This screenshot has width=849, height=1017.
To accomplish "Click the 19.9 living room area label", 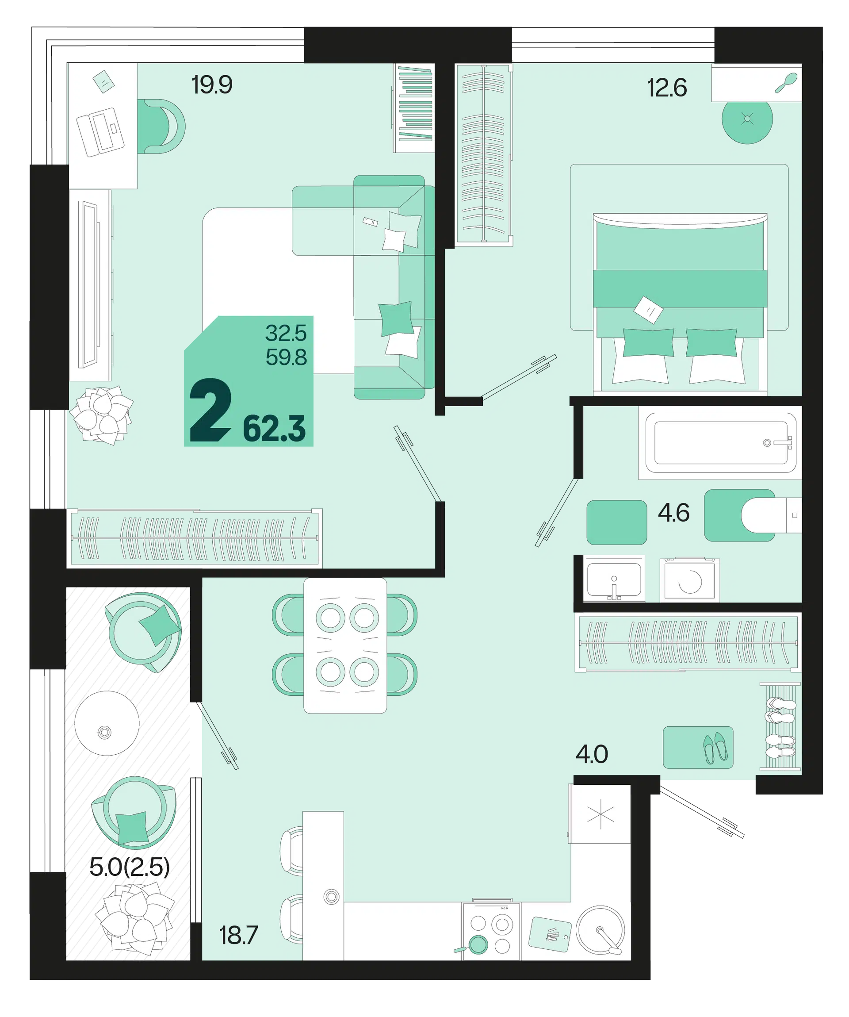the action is click(x=212, y=85).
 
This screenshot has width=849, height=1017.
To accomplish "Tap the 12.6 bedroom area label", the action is click(x=666, y=88).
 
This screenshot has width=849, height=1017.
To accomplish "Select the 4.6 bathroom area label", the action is click(x=673, y=513).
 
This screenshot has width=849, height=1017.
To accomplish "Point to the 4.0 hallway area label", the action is click(x=592, y=754).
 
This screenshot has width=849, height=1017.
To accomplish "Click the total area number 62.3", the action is click(x=274, y=429).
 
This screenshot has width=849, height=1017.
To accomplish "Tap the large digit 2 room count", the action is click(x=210, y=410).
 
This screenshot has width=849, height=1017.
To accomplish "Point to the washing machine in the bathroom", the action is click(x=689, y=579).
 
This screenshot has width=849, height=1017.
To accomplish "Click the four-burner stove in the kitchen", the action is click(x=491, y=931).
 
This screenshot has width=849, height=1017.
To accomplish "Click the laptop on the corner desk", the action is click(x=100, y=132).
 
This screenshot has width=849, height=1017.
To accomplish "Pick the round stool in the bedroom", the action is click(x=747, y=119).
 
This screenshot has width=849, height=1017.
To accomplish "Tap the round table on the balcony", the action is click(x=107, y=724).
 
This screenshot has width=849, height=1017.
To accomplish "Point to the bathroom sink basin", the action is click(x=614, y=579).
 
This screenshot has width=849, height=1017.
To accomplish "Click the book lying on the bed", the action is click(x=648, y=310).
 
